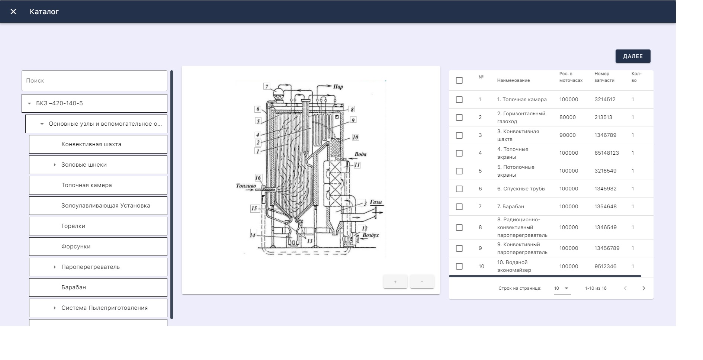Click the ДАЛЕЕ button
pyautogui.click(x=633, y=56)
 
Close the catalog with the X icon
pyautogui.click(x=13, y=12)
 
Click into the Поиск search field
pyautogui.click(x=94, y=81)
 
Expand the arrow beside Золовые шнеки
pyautogui.click(x=55, y=165)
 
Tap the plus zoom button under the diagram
pyautogui.click(x=395, y=282)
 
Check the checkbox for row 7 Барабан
pyautogui.click(x=459, y=207)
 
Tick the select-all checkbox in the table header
pyautogui.click(x=459, y=80)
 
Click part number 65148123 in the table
pyautogui.click(x=607, y=153)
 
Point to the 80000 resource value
pyautogui.click(x=568, y=117)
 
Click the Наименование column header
pyautogui.click(x=513, y=80)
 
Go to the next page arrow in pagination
pyautogui.click(x=644, y=288)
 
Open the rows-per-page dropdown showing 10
pyautogui.click(x=562, y=288)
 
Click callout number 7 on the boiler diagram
pyautogui.click(x=266, y=86)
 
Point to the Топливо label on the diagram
pyautogui.click(x=246, y=186)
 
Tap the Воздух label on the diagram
pyautogui.click(x=370, y=235)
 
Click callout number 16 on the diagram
pyautogui.click(x=258, y=177)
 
